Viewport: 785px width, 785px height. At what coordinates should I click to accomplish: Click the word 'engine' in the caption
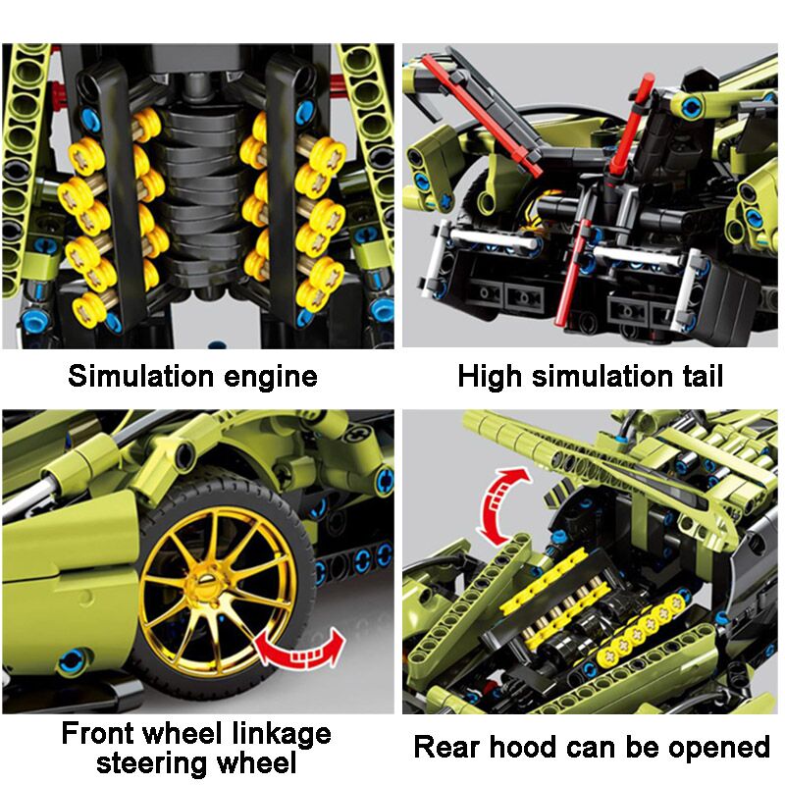point(271,378)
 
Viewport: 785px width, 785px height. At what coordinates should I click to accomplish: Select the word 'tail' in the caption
point(702,376)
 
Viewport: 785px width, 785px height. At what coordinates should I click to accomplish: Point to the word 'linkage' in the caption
point(282,735)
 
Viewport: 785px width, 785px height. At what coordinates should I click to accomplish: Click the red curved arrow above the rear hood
point(500,506)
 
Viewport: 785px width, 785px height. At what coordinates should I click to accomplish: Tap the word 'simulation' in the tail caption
point(602,376)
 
